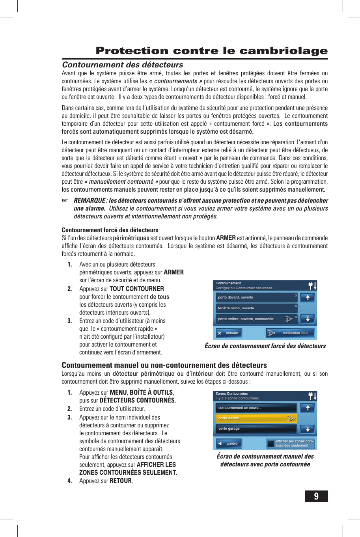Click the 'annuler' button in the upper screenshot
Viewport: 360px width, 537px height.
(x=229, y=333)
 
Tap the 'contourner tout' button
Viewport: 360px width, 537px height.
(x=290, y=333)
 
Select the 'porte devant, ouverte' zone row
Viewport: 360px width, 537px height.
(x=256, y=297)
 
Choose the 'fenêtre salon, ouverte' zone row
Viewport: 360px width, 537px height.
(x=256, y=308)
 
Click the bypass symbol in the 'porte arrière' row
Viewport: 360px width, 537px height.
(x=289, y=319)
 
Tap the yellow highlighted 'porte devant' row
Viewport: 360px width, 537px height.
(x=256, y=418)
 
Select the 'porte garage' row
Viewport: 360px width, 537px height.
(x=256, y=429)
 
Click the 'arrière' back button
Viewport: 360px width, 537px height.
(x=229, y=444)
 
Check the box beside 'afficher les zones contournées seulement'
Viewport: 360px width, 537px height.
(x=270, y=444)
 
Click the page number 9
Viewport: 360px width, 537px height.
(x=316, y=496)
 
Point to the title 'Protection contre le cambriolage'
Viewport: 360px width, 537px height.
(x=212, y=51)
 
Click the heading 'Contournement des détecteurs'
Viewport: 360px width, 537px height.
(x=122, y=65)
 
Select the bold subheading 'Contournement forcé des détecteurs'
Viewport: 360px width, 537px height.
(x=110, y=230)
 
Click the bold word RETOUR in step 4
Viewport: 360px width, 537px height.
(x=121, y=481)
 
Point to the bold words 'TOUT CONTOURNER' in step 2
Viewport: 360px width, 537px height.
(x=137, y=289)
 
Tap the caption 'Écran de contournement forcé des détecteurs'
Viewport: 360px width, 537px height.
(x=265, y=346)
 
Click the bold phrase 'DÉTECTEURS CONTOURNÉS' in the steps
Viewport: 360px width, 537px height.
(x=137, y=400)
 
